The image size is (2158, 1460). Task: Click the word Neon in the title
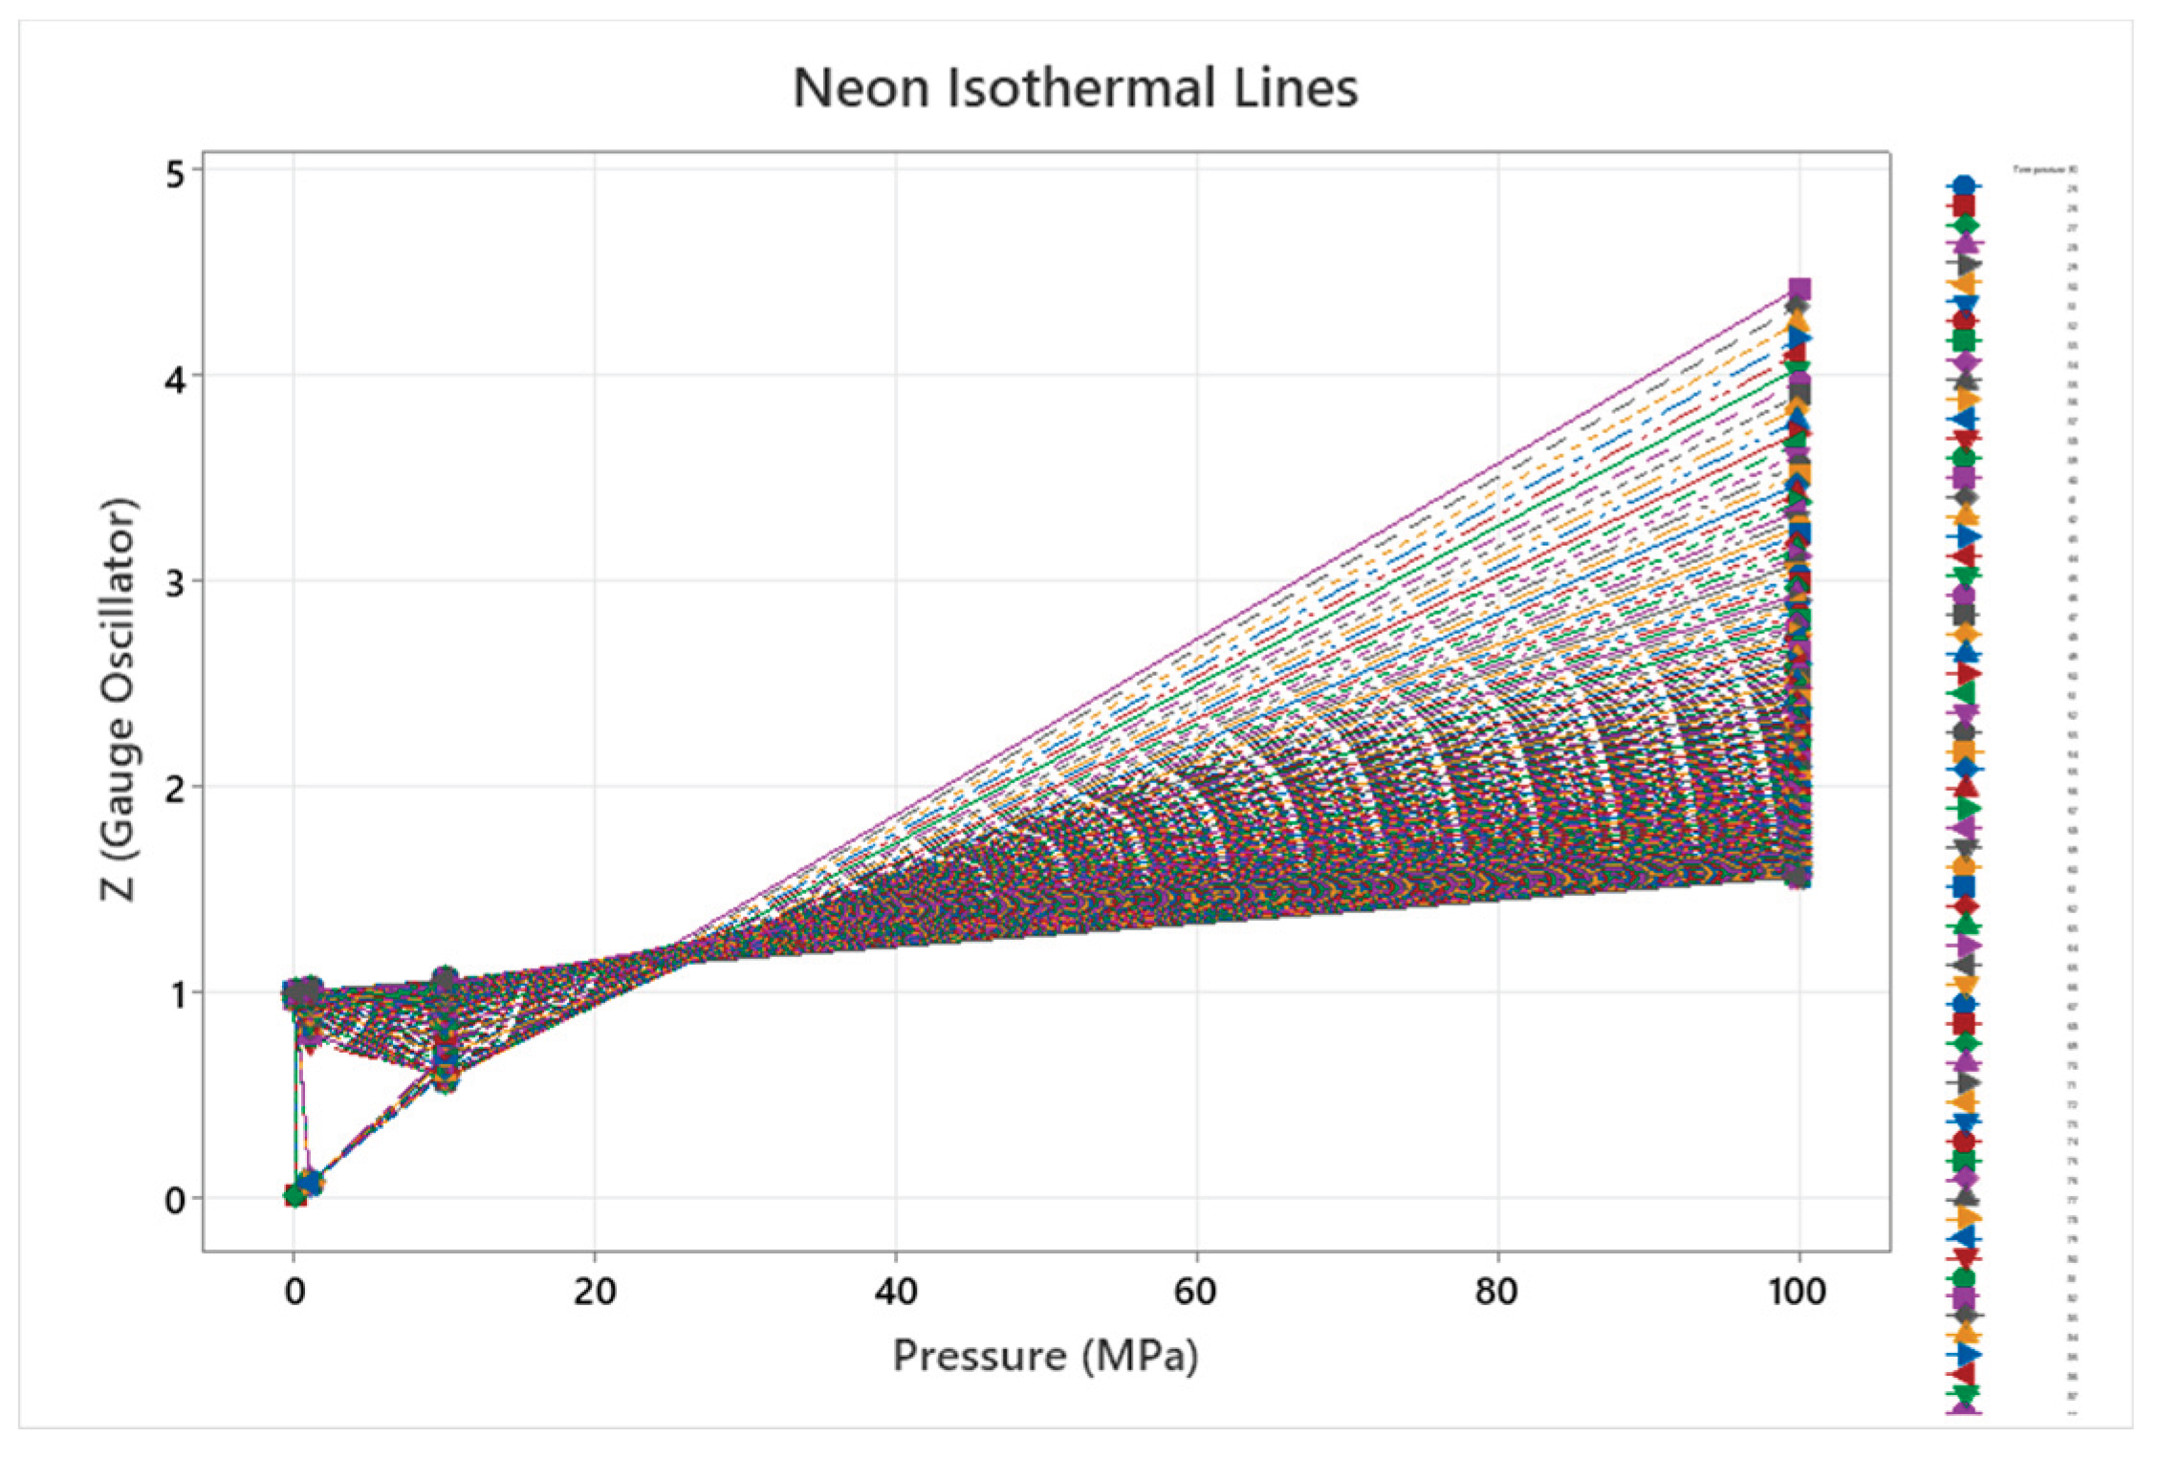(861, 88)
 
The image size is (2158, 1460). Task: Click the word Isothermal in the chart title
(1079, 88)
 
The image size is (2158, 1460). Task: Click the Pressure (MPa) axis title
(1045, 1357)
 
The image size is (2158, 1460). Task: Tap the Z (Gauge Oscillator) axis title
(120, 699)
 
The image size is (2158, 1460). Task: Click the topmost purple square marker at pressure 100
(1799, 289)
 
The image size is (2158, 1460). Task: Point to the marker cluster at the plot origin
(295, 1195)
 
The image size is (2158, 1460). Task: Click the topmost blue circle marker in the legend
(1964, 185)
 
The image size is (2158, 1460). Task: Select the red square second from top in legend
(1964, 206)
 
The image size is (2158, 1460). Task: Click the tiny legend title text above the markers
(2044, 169)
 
